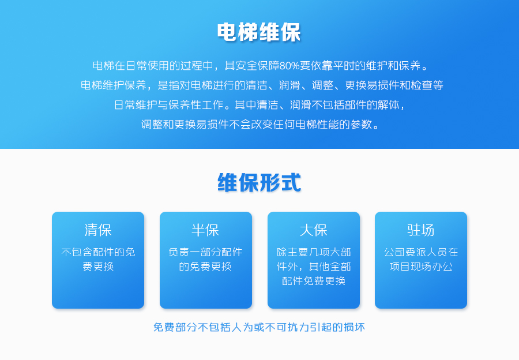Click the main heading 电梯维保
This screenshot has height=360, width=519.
[259, 32]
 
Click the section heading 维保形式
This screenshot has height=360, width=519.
[259, 182]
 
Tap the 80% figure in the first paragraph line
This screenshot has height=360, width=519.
[289, 66]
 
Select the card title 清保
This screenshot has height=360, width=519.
[98, 230]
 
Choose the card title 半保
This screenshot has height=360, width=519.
[205, 230]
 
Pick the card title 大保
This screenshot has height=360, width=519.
[314, 230]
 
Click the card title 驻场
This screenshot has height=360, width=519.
[421, 230]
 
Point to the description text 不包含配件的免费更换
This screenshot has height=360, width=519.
[98, 259]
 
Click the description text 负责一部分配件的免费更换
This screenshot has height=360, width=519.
[205, 259]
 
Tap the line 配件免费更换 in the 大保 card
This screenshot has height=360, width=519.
[314, 281]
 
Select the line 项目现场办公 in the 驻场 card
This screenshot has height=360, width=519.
[421, 267]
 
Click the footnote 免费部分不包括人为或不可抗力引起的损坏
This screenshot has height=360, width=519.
[259, 327]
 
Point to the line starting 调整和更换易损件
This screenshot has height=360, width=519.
[260, 125]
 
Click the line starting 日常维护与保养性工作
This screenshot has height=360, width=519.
[260, 105]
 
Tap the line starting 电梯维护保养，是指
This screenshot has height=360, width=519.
[262, 85]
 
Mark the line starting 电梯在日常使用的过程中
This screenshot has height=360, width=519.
[261, 66]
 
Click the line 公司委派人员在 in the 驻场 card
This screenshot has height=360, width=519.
[421, 252]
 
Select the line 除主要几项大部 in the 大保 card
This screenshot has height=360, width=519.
[314, 252]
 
